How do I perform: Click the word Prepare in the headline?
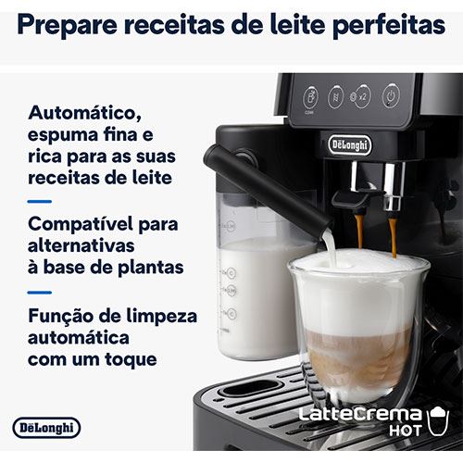68,25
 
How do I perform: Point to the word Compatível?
81,224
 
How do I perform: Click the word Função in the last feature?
61,317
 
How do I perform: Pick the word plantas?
151,268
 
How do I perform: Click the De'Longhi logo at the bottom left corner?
46,428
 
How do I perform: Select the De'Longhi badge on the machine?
350,145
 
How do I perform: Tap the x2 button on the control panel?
362,96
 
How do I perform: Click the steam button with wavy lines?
336,97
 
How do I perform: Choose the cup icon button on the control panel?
310,98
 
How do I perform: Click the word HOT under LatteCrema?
406,431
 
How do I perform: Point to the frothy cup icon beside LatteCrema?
438,420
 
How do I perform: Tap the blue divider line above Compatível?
40,202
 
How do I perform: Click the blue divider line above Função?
40,293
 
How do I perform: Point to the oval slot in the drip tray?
252,388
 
